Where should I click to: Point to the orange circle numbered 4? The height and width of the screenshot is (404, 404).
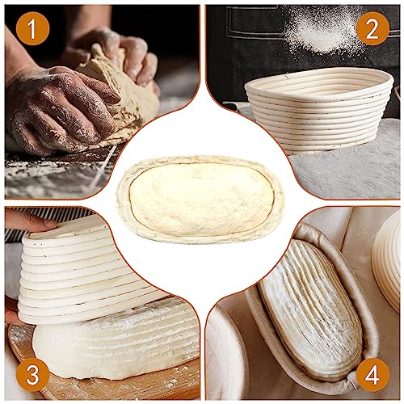[372, 373]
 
